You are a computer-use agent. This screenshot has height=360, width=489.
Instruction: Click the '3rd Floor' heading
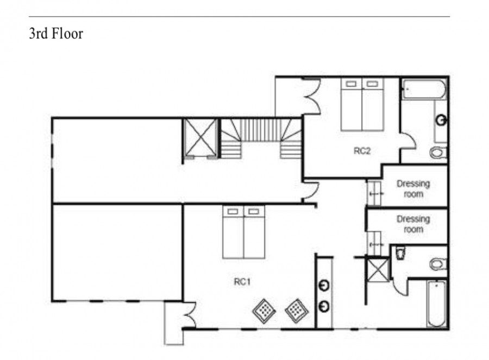pyautogui.click(x=56, y=34)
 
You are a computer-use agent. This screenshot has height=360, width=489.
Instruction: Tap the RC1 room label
pyautogui.click(x=242, y=282)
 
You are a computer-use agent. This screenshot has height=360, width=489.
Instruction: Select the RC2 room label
pyautogui.click(x=362, y=151)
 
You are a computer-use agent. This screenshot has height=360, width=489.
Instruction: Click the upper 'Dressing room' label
pyautogui.click(x=413, y=189)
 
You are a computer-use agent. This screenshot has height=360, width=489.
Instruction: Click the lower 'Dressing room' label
pyautogui.click(x=413, y=224)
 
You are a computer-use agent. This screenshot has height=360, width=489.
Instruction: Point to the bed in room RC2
pyautogui.click(x=362, y=104)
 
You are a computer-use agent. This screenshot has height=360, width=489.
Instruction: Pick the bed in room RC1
pyautogui.click(x=243, y=232)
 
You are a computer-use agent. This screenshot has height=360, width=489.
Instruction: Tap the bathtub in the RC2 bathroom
pyautogui.click(x=424, y=90)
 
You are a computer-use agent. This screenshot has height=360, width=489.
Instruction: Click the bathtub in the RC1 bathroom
pyautogui.click(x=437, y=304)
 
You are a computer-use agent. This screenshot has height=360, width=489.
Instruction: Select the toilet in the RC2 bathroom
pyautogui.click(x=438, y=153)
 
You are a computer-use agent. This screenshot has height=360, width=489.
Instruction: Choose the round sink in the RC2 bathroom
pyautogui.click(x=441, y=120)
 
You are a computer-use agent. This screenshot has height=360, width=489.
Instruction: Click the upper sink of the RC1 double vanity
pyautogui.click(x=324, y=286)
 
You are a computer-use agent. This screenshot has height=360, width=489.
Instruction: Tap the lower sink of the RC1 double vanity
pyautogui.click(x=324, y=306)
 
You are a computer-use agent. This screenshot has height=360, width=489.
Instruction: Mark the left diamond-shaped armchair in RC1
pyautogui.click(x=264, y=311)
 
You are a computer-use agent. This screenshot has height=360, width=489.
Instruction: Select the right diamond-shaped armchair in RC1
pyautogui.click(x=297, y=311)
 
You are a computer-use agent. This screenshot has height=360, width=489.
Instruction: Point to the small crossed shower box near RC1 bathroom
pyautogui.click(x=378, y=270)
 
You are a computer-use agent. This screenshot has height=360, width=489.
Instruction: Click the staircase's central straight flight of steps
pyautogui.click(x=261, y=130)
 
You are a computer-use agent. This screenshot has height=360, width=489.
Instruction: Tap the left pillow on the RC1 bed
pyautogui.click(x=233, y=212)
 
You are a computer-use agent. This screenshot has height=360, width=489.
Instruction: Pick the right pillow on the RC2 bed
pyautogui.click(x=372, y=84)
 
